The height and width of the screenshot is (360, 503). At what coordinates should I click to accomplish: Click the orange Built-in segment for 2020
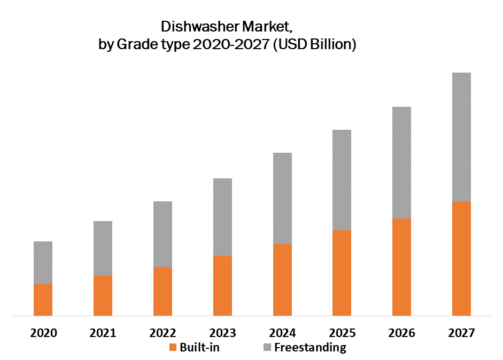(x=43, y=300)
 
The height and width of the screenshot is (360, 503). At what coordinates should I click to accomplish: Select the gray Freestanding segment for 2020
(x=43, y=262)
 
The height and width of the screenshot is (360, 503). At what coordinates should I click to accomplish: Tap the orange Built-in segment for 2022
(x=162, y=291)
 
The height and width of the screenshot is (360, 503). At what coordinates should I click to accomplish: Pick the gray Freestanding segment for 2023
(x=222, y=217)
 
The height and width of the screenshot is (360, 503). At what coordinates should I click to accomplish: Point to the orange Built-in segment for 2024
(x=282, y=280)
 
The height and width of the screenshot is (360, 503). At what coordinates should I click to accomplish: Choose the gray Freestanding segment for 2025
(x=342, y=180)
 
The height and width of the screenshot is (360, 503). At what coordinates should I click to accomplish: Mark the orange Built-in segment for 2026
(x=401, y=267)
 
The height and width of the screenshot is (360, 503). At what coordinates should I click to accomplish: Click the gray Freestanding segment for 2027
(x=461, y=137)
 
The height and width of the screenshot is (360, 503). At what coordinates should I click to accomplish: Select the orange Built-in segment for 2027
(x=461, y=259)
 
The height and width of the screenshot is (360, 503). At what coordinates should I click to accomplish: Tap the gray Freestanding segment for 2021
(x=103, y=248)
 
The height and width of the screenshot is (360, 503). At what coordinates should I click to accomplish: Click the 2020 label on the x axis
(x=43, y=333)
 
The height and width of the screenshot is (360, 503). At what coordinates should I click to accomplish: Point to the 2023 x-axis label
(x=222, y=333)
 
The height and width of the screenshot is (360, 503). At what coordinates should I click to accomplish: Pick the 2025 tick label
(x=342, y=333)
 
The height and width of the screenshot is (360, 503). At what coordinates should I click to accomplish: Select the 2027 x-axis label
(x=461, y=333)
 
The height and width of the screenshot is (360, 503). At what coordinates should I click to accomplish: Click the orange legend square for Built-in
(x=172, y=348)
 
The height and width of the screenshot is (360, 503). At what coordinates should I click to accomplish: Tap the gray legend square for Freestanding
(x=267, y=348)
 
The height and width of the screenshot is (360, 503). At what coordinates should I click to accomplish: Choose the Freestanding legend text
(x=310, y=348)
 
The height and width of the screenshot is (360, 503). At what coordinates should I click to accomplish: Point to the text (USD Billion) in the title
(x=314, y=45)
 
